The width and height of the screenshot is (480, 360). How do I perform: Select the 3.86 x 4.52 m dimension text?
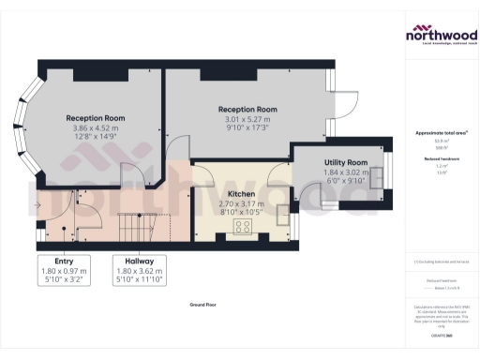pyautogui.click(x=96, y=129)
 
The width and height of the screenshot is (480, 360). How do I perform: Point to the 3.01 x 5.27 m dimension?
pyautogui.click(x=247, y=120)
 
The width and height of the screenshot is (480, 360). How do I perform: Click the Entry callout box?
pyautogui.click(x=64, y=269)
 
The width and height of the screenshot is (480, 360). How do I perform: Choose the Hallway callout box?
pyautogui.click(x=137, y=269)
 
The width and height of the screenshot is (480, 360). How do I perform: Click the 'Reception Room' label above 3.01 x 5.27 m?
pyautogui.click(x=247, y=109)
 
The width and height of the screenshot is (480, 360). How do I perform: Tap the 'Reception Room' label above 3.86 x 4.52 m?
pyautogui.click(x=96, y=118)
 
